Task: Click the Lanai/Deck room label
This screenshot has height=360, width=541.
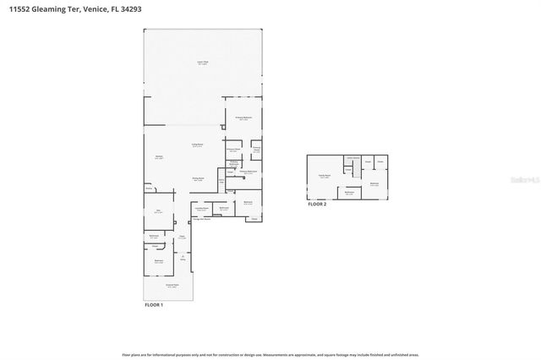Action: (x=203, y=63)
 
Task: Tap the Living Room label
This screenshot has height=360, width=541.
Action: (x=196, y=145)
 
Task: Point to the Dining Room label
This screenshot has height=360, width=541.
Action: (x=198, y=178)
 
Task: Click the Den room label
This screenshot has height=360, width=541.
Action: (x=158, y=212)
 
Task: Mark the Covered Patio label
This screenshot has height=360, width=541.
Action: (x=172, y=287)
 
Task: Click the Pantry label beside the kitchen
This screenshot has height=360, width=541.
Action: (x=148, y=188)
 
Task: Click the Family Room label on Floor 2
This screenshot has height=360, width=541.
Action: (x=324, y=176)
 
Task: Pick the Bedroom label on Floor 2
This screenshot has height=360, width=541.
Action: (x=374, y=183)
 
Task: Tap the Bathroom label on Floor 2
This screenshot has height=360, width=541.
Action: (x=350, y=193)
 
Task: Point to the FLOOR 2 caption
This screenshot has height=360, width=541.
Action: (x=317, y=205)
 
